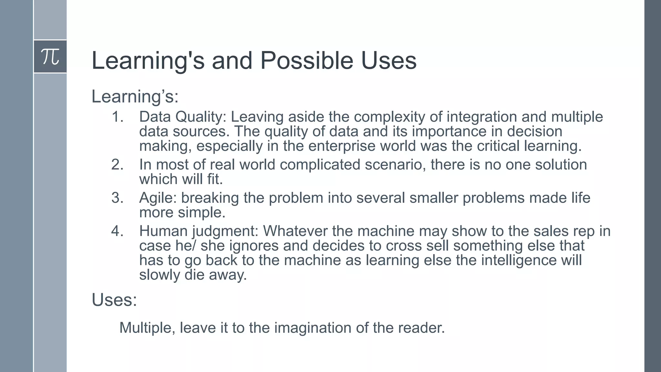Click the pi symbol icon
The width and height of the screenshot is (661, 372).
[50, 57]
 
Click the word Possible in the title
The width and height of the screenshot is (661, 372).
[307, 60]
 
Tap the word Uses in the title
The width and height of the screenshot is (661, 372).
[389, 60]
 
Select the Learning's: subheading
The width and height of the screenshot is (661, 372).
[135, 96]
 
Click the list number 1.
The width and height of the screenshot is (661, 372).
[117, 117]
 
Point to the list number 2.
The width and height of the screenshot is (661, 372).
[117, 165]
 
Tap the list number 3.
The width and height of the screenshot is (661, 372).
[117, 198]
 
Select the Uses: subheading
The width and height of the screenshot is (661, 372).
[114, 300]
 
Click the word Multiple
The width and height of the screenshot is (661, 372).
[147, 328]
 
